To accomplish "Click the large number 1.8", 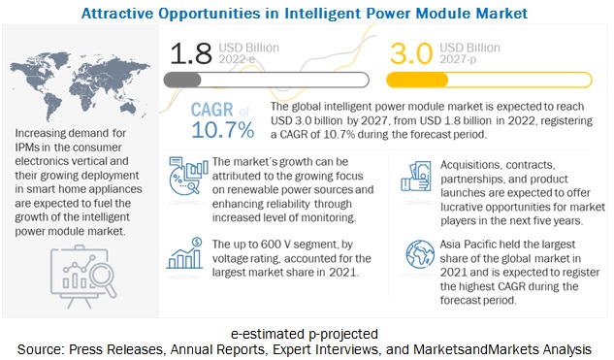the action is (x=191, y=53).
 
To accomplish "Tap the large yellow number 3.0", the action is (x=411, y=53).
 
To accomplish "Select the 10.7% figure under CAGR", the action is (x=223, y=130).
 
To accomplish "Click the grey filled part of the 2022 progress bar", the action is (x=182, y=80).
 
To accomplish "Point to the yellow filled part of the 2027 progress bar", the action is (x=417, y=80).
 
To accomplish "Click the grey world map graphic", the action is (x=80, y=87).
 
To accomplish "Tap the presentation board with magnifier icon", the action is (x=83, y=277).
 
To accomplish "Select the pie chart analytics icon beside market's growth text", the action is (x=188, y=177).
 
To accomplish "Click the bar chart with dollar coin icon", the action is (x=184, y=253).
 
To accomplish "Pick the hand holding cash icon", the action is (x=416, y=177).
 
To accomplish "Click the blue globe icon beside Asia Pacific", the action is (x=420, y=254).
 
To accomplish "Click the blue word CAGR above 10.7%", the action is (x=211, y=110).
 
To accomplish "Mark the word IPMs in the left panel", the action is (x=27, y=147).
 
